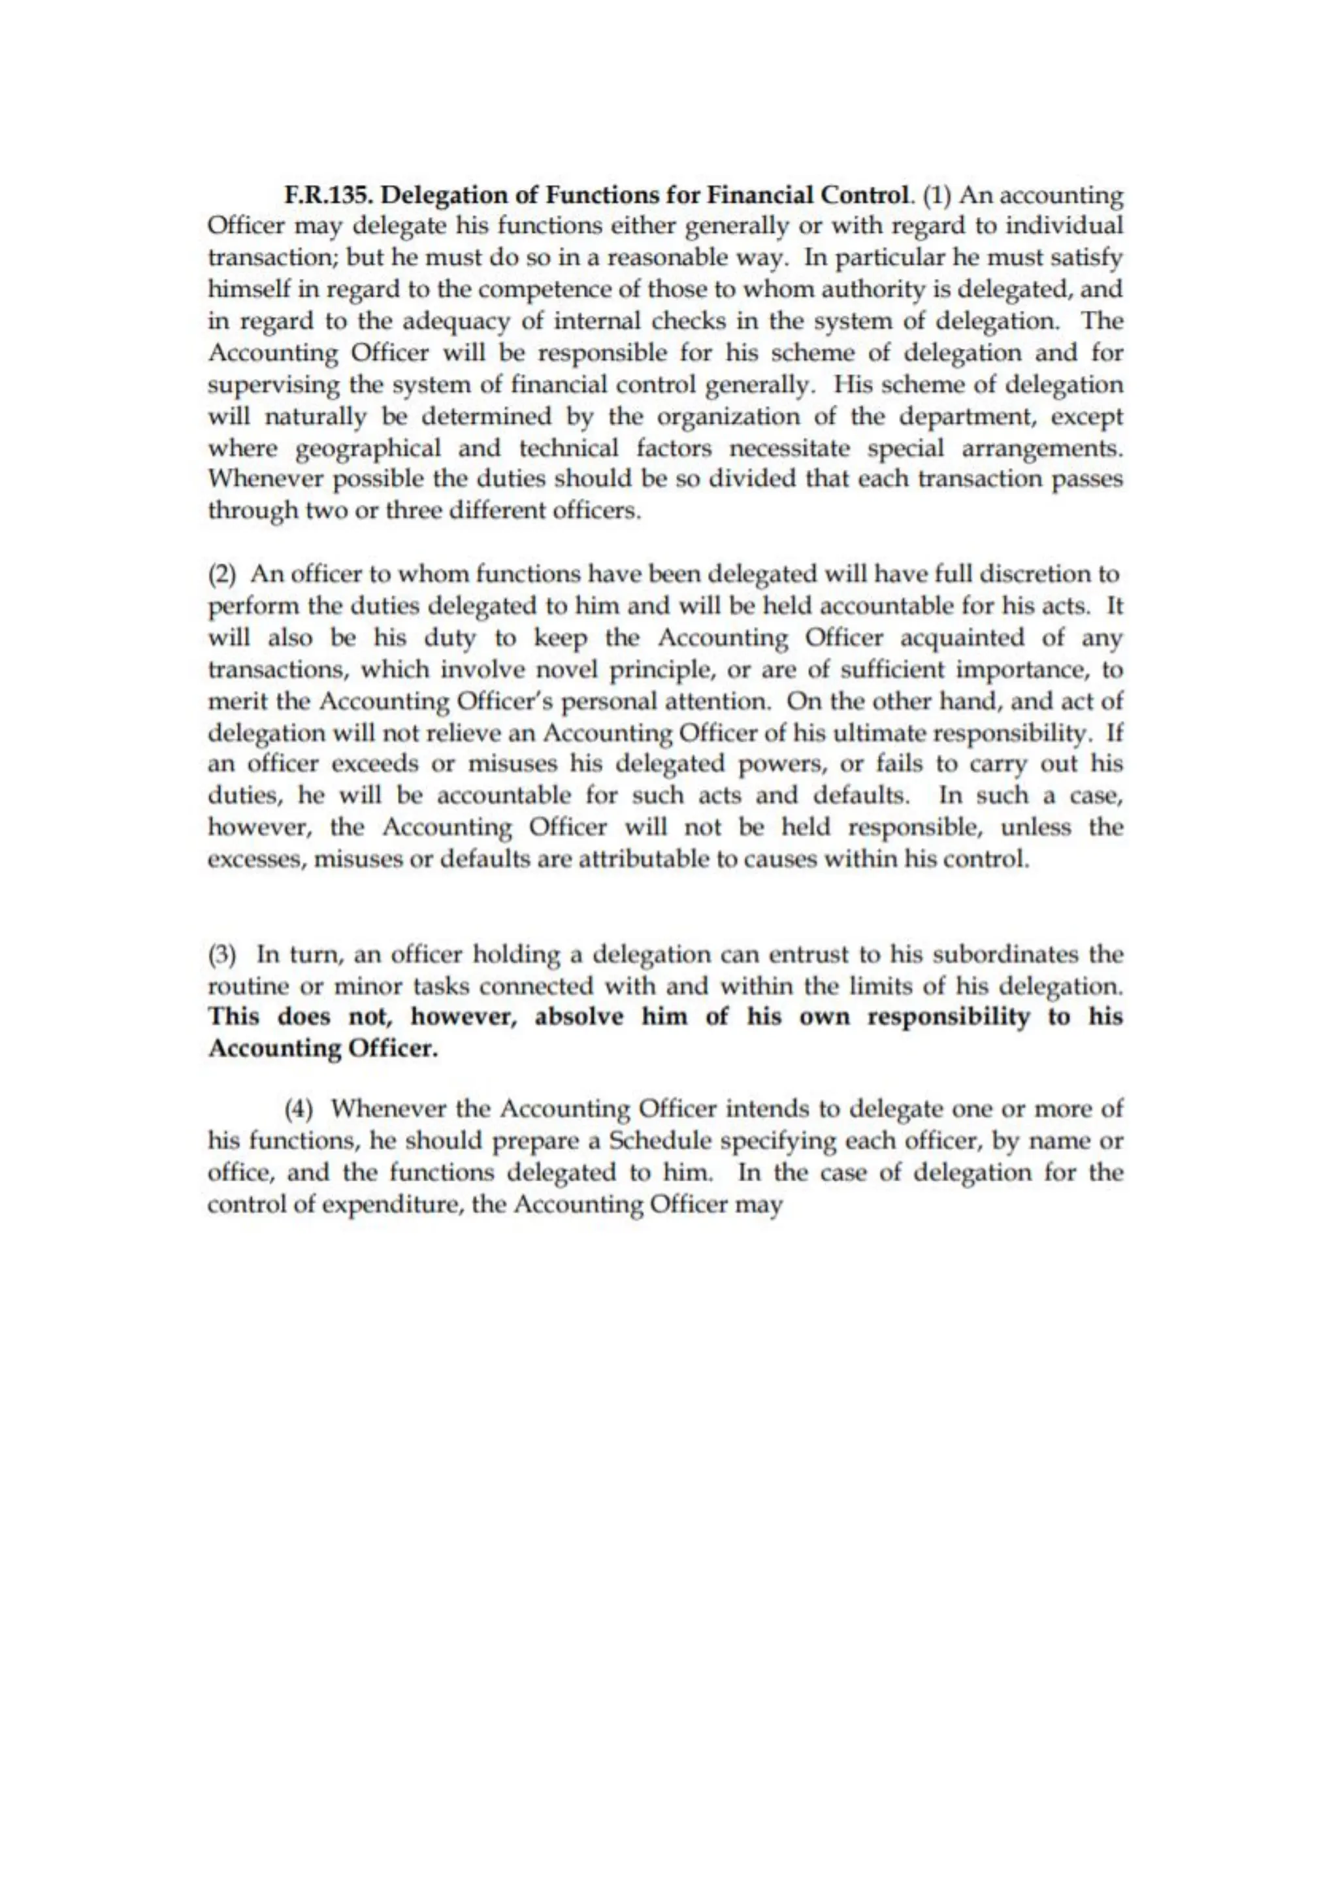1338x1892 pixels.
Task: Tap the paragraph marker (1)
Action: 937,195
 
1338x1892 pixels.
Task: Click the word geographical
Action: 368,448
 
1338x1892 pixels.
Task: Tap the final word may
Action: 762,1204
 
